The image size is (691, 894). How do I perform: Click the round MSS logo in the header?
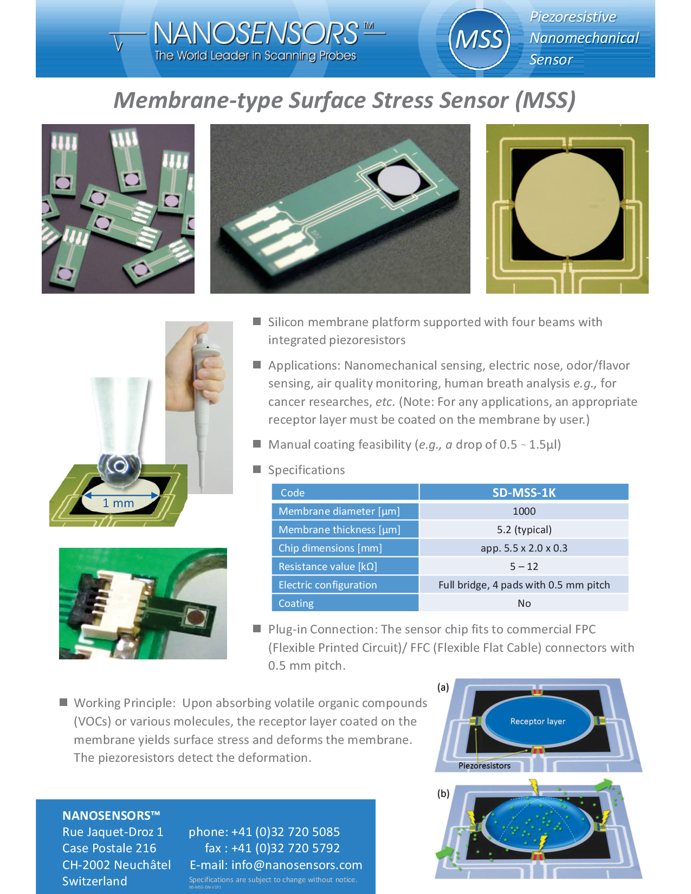(x=479, y=40)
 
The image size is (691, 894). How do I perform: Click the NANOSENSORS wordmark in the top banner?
(x=255, y=34)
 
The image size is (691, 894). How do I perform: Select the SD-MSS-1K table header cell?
(x=524, y=493)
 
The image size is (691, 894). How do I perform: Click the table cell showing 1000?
(x=524, y=511)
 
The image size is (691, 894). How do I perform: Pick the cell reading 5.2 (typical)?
(x=524, y=529)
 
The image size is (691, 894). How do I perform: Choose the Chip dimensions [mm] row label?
(x=330, y=548)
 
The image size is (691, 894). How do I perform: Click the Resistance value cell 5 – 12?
(x=524, y=566)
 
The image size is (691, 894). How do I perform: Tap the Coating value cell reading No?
(x=524, y=603)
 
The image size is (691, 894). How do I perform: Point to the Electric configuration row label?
(x=327, y=585)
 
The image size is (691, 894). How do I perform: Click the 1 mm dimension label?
(x=118, y=503)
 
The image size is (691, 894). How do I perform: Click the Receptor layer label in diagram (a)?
(x=538, y=721)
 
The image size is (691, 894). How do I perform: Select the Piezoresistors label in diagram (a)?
(x=484, y=766)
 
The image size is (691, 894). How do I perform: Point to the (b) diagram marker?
(x=443, y=793)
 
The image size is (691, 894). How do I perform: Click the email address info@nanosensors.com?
(x=296, y=865)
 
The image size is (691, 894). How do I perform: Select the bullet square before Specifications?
(x=257, y=469)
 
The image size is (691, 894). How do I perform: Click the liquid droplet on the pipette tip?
(x=120, y=466)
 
